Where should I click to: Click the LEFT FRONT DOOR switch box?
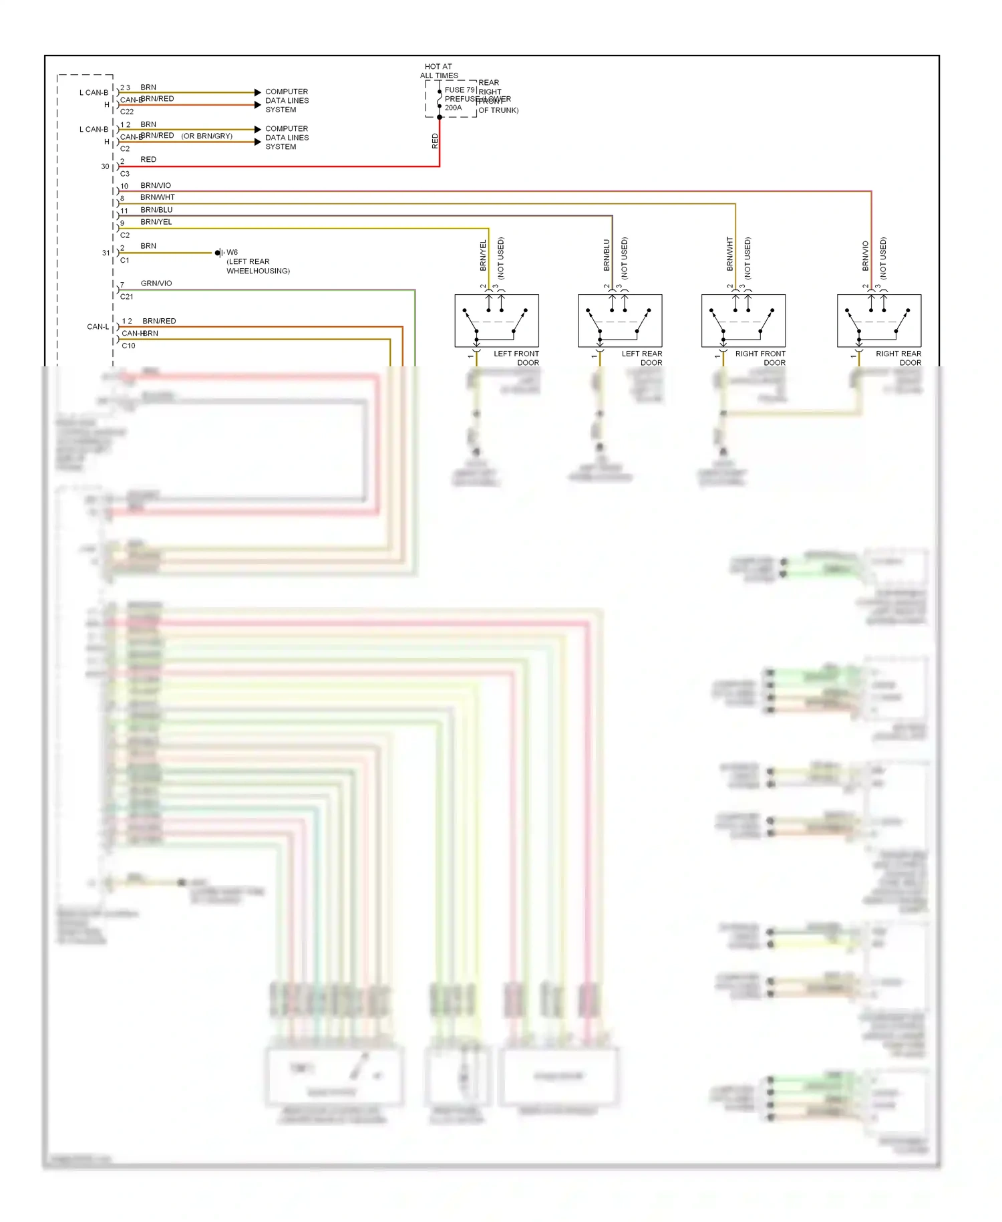click(496, 320)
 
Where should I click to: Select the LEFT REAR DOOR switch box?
click(620, 320)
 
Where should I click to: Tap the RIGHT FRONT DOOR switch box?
click(743, 320)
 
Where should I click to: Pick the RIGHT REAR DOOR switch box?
click(878, 320)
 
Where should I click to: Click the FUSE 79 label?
click(460, 90)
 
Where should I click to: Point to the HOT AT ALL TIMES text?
click(438, 71)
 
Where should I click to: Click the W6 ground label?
click(232, 253)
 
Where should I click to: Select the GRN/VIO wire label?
click(156, 283)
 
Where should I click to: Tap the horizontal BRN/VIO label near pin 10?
click(156, 185)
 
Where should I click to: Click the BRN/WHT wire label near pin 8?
click(158, 197)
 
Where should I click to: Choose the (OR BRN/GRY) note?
click(207, 136)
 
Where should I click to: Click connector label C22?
click(127, 112)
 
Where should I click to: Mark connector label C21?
click(127, 296)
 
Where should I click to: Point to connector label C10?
click(128, 346)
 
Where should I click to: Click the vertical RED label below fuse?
click(435, 140)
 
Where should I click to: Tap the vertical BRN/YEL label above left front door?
click(483, 255)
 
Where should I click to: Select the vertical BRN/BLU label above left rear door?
click(607, 255)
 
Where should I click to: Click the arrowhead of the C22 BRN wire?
click(258, 92)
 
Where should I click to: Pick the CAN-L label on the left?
click(98, 327)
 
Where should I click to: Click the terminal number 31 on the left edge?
click(106, 253)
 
